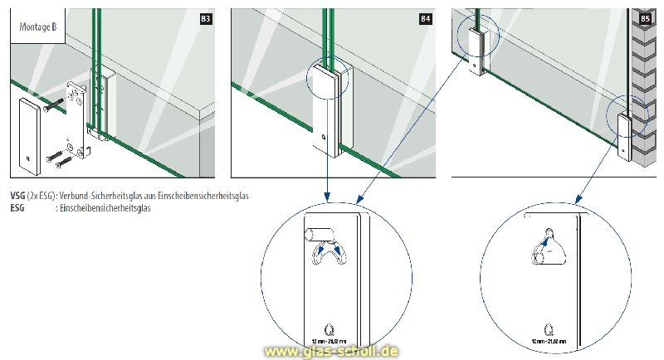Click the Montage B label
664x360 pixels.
pos(38,26)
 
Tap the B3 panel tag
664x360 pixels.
pos(205,17)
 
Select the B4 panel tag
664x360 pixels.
pos(425,17)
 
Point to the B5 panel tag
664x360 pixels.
pos(644,17)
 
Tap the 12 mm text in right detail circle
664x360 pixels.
pos(542,341)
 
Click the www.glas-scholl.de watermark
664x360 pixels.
pos(330,351)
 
